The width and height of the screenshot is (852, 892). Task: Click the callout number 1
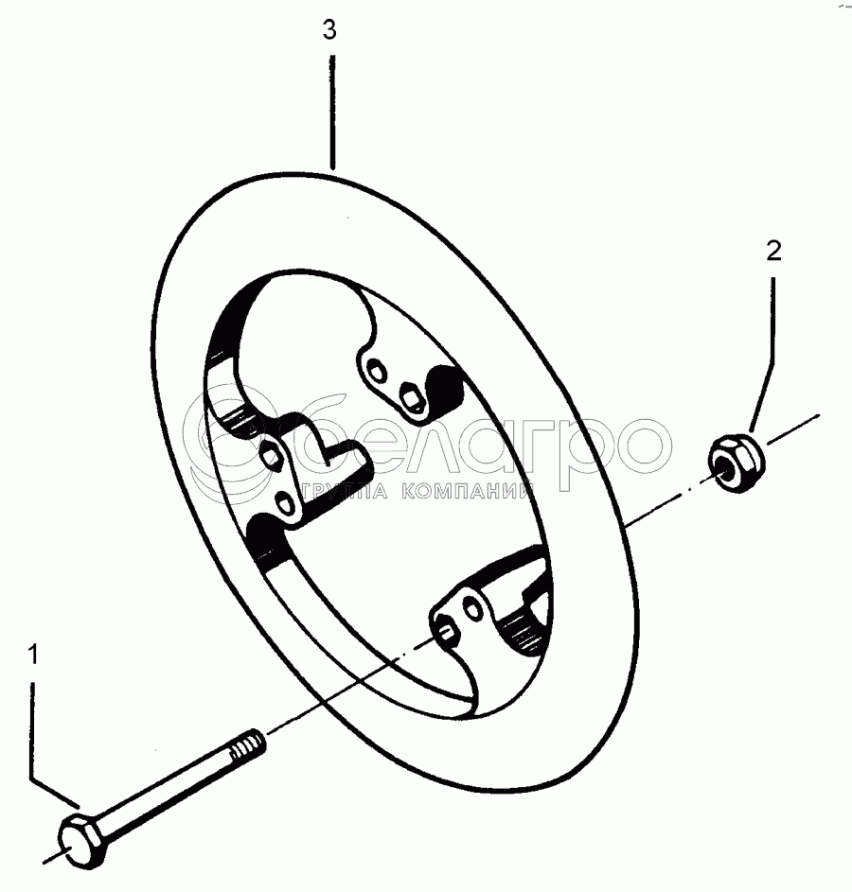click(x=34, y=654)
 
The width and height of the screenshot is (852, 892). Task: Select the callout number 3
click(x=328, y=30)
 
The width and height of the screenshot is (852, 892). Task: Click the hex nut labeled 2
click(x=735, y=459)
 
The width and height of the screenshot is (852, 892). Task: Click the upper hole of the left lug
click(x=272, y=455)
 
